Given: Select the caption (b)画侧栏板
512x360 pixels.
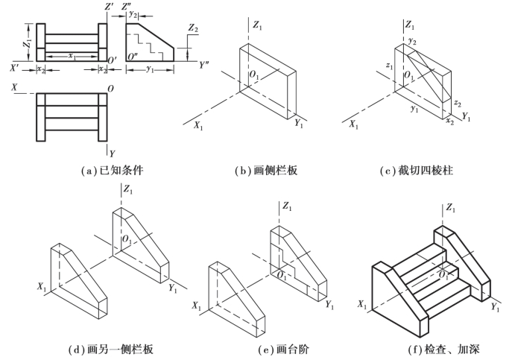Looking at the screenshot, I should pos(266,171).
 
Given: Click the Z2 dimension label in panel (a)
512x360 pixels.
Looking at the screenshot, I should pos(194,28).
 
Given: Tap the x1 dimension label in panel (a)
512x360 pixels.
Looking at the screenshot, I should pos(72,57).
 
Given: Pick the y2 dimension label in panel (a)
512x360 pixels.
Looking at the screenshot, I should pos(132,13).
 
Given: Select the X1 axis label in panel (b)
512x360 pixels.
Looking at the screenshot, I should pos(198,127).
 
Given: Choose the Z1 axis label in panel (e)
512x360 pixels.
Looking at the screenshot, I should pos(288,205).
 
